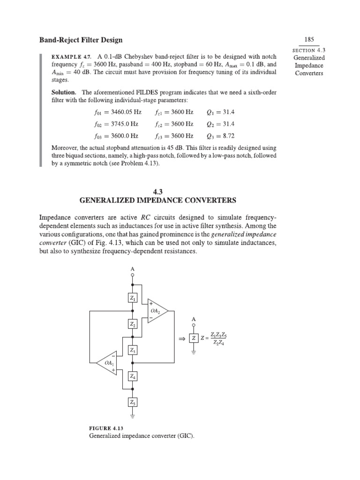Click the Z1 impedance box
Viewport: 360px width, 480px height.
[133, 298]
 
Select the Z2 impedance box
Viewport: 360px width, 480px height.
[133, 324]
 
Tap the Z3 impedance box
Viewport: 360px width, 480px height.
[133, 350]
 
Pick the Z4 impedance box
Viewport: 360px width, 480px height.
[133, 376]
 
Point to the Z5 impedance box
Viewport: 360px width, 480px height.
[133, 402]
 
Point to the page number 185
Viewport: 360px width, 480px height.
[308, 40]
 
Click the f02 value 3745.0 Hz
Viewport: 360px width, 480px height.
[120, 124]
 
